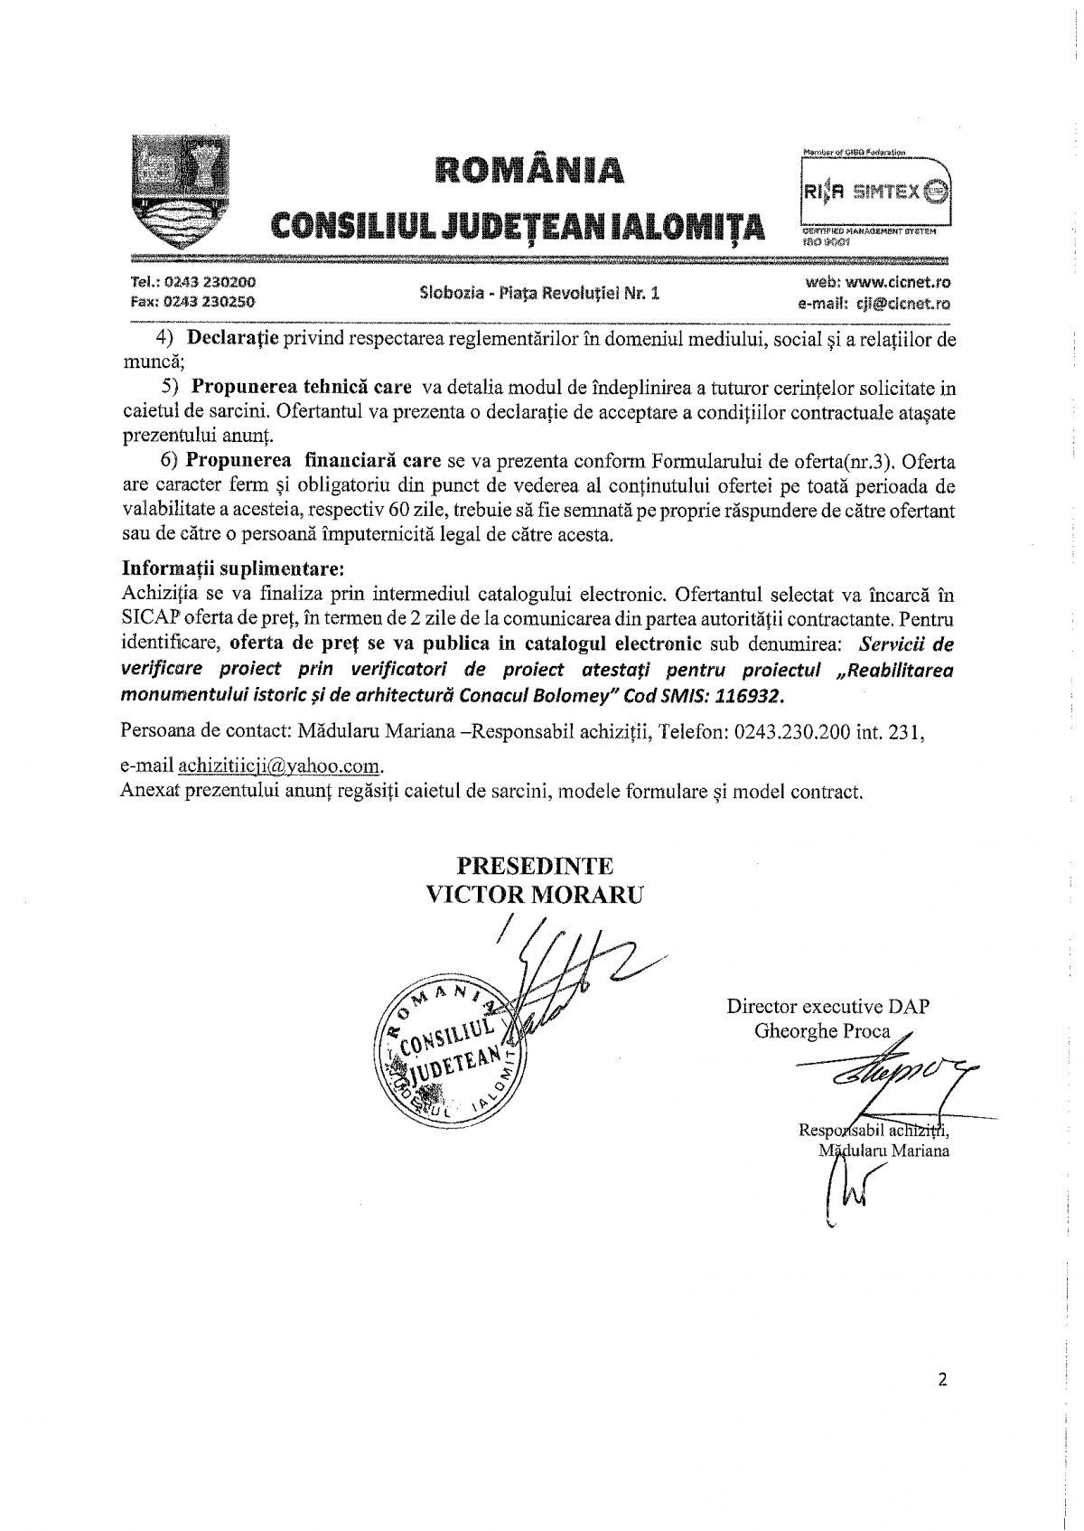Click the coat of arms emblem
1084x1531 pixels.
pos(176,192)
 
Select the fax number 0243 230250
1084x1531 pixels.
pos(192,302)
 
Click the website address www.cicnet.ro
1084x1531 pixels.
pos(891,282)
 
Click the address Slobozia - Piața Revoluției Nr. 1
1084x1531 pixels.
pos(540,293)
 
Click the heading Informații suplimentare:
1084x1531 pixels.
pos(233,570)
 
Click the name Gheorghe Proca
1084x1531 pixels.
pos(822,1031)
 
